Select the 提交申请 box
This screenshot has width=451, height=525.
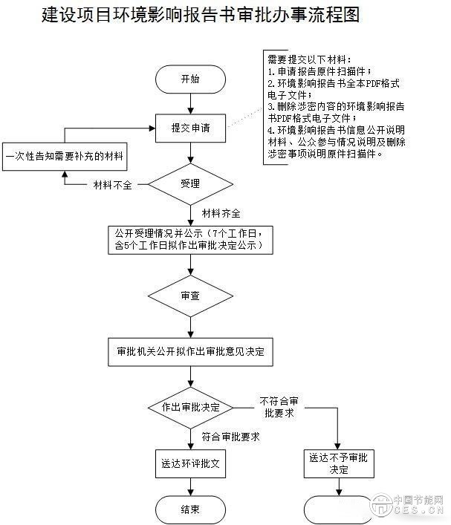click(x=190, y=128)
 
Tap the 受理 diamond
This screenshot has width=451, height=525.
click(x=190, y=183)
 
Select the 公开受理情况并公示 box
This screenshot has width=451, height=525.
click(x=189, y=242)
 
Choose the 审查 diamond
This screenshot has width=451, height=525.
click(x=190, y=296)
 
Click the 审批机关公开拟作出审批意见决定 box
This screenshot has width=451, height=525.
click(x=190, y=350)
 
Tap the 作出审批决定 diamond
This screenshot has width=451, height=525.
click(x=190, y=408)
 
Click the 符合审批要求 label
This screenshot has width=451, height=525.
click(x=230, y=437)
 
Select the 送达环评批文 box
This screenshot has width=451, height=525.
click(x=190, y=464)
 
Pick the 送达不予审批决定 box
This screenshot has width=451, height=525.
click(x=339, y=464)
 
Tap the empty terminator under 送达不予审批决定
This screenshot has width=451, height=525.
click(x=339, y=510)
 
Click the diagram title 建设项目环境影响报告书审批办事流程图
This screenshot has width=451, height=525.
click(x=201, y=16)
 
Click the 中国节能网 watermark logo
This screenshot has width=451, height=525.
click(x=412, y=505)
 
